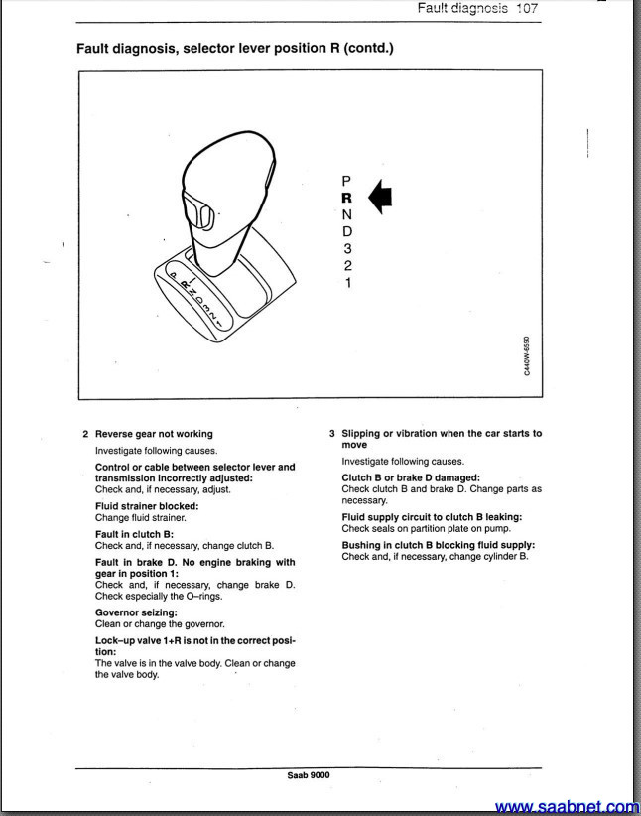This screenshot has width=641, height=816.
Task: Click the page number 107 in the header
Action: tap(526, 8)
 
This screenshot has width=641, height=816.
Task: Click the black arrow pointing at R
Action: tap(380, 196)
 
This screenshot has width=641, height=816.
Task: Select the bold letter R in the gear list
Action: tap(347, 198)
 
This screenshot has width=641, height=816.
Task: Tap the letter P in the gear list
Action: tap(346, 181)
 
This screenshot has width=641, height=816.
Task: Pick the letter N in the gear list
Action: tap(347, 214)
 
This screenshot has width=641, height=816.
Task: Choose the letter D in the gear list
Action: tap(347, 231)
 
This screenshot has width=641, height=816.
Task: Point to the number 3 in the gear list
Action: tap(347, 248)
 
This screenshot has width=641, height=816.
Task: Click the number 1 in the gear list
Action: tap(347, 283)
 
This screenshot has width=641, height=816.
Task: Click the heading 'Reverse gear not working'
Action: tap(154, 434)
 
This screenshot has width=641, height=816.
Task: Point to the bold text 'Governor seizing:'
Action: tap(136, 612)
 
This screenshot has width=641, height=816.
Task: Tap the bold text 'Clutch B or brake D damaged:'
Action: tap(411, 477)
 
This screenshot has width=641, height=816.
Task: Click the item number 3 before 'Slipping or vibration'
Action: tap(331, 434)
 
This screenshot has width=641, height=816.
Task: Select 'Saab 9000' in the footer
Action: tap(309, 775)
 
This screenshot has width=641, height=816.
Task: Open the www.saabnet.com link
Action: tap(568, 807)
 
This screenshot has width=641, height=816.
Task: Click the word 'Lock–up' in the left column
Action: tap(115, 640)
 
